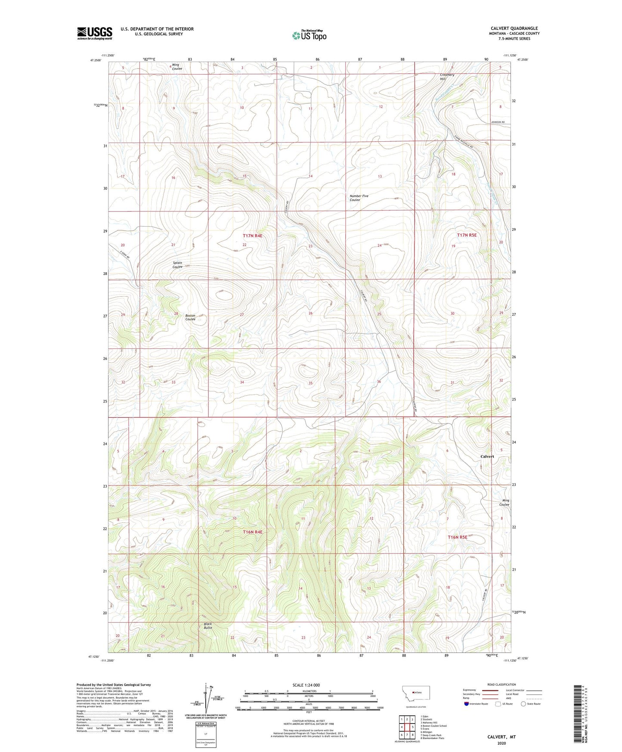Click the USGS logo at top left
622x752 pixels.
[94, 33]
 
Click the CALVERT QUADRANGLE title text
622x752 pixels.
[514, 28]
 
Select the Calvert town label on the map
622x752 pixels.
[487, 456]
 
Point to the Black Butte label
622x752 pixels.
[208, 626]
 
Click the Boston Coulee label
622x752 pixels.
[190, 317]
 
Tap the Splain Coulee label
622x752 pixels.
[177, 265]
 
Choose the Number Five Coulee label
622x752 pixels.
[359, 198]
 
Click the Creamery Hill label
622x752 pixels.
[447, 77]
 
